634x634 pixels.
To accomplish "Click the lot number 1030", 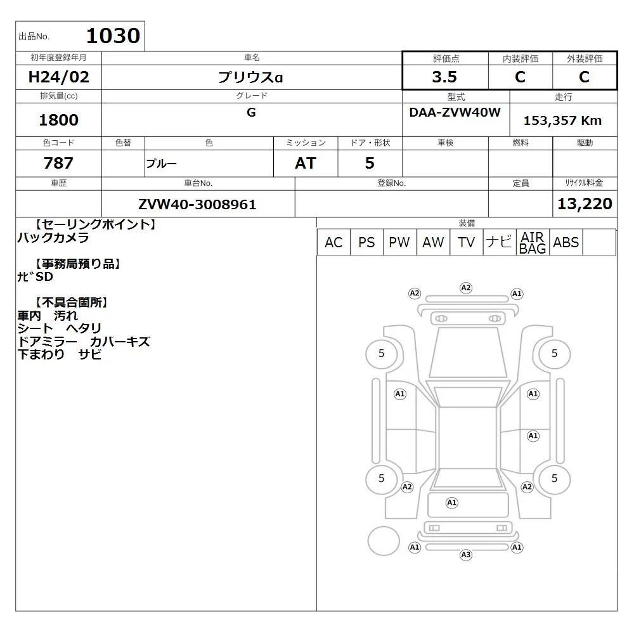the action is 113,36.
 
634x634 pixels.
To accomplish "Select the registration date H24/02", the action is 58,77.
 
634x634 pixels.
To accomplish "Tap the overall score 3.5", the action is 444,77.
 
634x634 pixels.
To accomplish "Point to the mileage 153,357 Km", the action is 562,120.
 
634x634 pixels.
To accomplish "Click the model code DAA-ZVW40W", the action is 455,112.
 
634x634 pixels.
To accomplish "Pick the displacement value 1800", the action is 58,120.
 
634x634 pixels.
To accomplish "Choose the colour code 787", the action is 58,163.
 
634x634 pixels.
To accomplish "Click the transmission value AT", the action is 306,164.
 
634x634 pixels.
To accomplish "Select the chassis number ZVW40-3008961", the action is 197,205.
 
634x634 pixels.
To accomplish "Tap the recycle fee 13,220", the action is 585,204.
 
